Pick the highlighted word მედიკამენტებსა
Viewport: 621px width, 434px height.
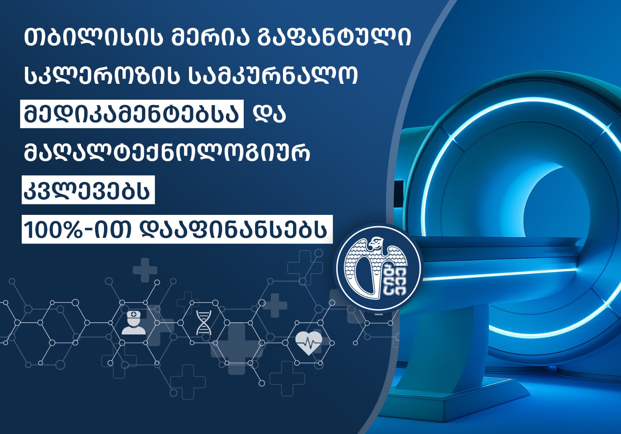coord(132,114)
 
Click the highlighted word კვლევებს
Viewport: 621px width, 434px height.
coord(88,190)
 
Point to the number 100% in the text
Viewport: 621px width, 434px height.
coord(53,230)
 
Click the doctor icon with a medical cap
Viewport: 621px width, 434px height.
coord(134,322)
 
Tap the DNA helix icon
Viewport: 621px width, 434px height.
coord(203,323)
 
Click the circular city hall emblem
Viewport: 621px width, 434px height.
coord(378,268)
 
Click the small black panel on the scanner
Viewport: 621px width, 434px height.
coord(399,191)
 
